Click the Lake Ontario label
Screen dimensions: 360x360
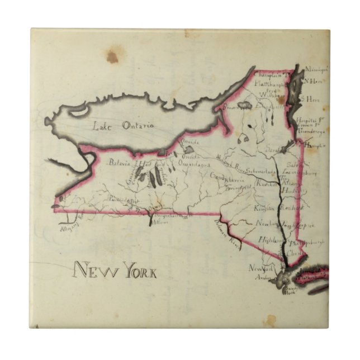click(124, 125)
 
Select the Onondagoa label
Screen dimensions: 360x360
click(194, 165)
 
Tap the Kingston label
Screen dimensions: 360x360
click(264, 208)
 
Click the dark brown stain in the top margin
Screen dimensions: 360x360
click(112, 56)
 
